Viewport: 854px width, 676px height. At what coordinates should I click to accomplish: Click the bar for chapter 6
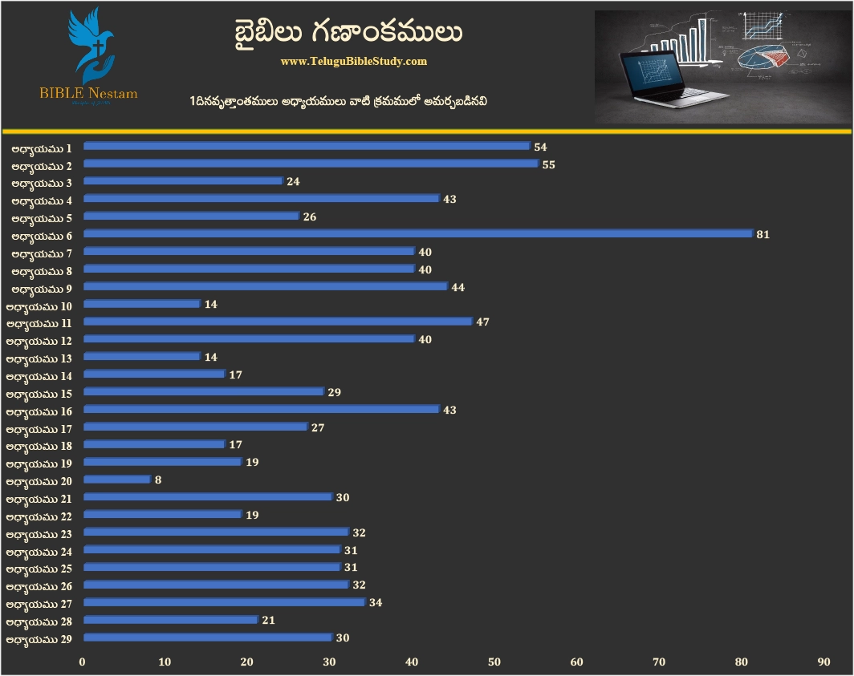417,234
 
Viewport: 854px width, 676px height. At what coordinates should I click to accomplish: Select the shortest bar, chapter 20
117,480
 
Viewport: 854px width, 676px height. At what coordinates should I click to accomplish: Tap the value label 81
763,235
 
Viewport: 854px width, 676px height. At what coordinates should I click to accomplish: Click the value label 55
549,164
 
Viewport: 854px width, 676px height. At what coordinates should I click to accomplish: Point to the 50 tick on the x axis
494,662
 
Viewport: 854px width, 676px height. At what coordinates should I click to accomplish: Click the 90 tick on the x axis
823,662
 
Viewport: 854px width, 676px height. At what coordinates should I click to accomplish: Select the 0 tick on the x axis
82,662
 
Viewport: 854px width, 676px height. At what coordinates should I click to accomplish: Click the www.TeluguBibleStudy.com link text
354,61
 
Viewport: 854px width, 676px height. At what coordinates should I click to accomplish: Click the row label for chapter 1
42,148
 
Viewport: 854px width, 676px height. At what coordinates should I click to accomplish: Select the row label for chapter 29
39,639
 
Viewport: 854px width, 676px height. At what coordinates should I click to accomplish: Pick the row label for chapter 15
39,394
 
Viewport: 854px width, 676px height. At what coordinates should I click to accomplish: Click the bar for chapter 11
278,322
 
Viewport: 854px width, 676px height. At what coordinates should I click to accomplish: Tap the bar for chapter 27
224,602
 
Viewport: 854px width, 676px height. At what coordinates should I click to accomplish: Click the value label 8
160,480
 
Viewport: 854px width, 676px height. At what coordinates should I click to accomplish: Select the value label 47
483,322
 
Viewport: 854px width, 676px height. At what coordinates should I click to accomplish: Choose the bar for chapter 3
183,181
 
